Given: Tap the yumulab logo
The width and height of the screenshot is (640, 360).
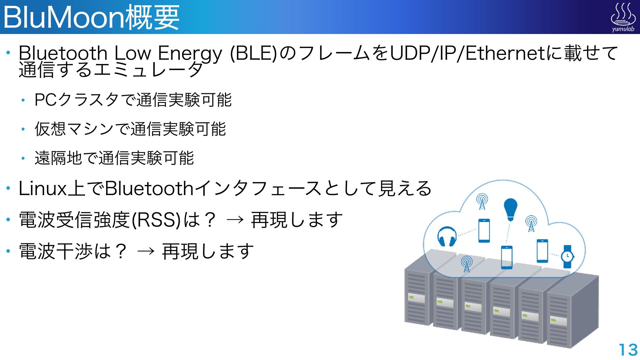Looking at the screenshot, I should point(623,17).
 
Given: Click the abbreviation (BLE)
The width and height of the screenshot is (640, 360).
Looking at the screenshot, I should point(253,53).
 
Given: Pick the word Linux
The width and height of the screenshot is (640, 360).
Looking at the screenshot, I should point(43,189).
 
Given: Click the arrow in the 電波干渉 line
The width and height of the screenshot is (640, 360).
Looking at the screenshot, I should point(146,251).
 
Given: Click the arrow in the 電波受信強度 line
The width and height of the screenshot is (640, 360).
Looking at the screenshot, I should point(235,220).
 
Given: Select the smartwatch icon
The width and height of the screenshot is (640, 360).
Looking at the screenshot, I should point(567,256).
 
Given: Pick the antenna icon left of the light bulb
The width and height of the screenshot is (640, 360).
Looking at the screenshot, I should point(482,202).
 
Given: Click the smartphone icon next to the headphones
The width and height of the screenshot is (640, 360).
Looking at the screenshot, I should point(484,230).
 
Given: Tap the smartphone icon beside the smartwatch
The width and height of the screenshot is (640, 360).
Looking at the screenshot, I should point(542,251).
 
